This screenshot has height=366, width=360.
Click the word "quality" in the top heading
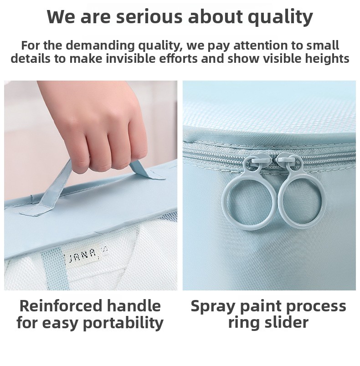click(x=280, y=17)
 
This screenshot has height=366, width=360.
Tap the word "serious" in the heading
click(x=149, y=17)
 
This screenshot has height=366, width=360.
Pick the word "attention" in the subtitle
click(x=260, y=45)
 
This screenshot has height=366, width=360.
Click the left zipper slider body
click(x=258, y=162)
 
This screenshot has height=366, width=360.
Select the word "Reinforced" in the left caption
click(x=61, y=306)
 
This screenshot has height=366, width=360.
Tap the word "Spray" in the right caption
click(x=213, y=307)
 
